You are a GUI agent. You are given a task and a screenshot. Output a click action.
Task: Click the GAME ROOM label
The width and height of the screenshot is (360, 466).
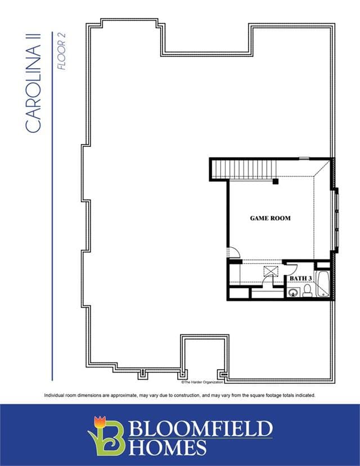coord(271,218)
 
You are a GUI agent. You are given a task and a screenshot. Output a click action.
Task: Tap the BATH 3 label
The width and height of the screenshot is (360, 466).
coord(300,279)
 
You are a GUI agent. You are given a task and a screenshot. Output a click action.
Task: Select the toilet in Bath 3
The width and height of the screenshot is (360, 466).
coord(308,290)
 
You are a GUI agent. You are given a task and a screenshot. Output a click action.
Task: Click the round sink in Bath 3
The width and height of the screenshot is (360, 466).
coord(294,293)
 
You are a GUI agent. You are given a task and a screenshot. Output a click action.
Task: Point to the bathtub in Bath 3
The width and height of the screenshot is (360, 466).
coord(322,284)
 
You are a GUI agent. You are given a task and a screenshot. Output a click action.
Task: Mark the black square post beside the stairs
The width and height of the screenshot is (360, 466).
coord(276,181)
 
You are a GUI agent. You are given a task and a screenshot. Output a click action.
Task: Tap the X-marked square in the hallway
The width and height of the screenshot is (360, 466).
coord(271,271)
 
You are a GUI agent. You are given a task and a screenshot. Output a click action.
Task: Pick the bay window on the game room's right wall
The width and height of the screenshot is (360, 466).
coord(337,220)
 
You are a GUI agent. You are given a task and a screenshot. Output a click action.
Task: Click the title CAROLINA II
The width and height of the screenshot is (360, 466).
coord(33,83)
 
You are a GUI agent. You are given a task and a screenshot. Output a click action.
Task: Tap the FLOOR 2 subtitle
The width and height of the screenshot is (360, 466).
coord(61,51)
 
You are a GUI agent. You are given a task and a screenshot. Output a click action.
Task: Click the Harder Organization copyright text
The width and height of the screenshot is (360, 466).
coord(202,382)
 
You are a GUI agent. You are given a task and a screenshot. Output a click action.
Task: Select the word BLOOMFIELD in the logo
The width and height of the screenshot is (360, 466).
coord(201,428)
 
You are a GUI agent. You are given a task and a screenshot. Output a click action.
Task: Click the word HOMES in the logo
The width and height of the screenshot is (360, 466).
coord(168,447)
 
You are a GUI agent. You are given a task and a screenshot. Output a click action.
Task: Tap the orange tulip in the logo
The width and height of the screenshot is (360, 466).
coord(100,422)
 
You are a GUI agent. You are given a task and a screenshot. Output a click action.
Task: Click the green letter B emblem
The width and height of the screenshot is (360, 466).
coord(109,438)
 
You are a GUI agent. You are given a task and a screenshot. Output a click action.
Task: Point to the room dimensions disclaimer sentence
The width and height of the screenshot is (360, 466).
coord(179,395)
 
